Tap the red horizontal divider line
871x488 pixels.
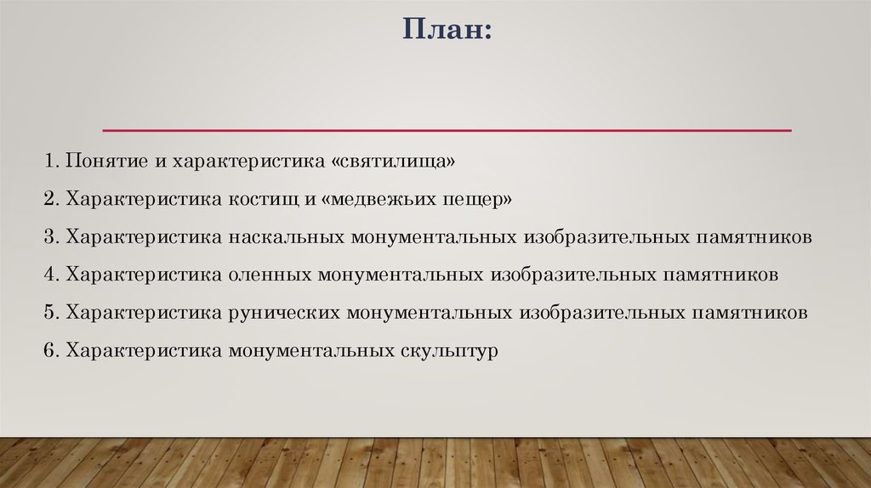point(447,130)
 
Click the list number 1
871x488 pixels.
point(49,161)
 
